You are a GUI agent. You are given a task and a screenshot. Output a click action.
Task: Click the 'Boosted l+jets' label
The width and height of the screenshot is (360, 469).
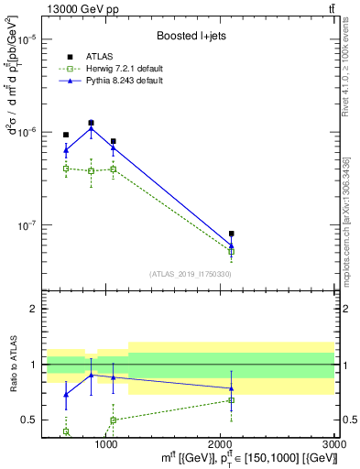point(189,37)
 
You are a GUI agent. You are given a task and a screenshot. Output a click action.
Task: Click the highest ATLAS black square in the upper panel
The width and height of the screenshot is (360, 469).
point(91,123)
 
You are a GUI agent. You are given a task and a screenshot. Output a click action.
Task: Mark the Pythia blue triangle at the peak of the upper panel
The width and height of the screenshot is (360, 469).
point(91,128)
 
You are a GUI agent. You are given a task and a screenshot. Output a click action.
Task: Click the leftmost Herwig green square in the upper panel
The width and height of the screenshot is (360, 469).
point(66,169)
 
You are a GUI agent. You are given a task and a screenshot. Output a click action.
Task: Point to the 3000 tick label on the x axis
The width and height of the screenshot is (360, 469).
point(334,443)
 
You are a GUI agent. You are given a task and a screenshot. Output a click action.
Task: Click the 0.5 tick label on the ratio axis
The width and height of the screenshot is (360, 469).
point(28,420)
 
